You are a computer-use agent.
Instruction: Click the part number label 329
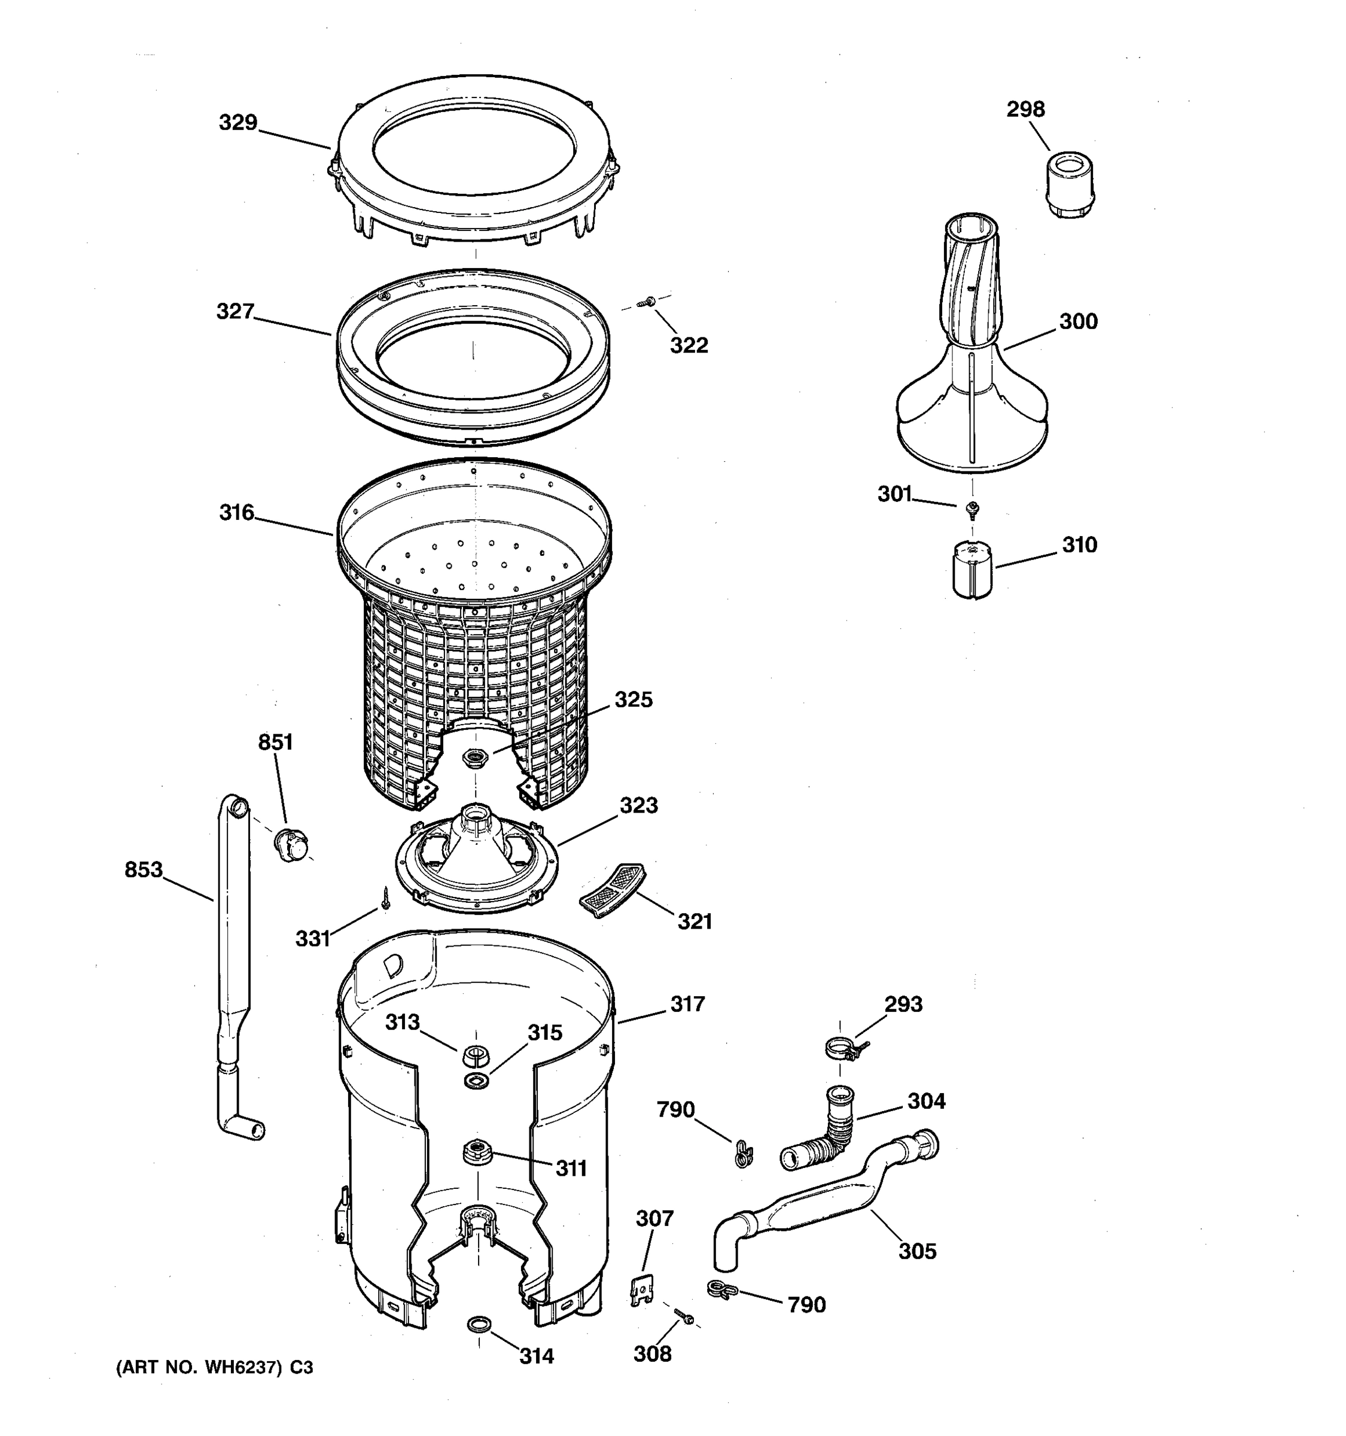(x=237, y=122)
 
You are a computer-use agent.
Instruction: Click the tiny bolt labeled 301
(x=973, y=509)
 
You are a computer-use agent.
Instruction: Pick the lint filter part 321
(x=613, y=890)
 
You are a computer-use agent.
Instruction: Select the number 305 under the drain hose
(x=916, y=1251)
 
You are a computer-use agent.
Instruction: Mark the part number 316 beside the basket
(x=237, y=513)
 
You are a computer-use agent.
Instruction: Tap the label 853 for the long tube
(x=143, y=870)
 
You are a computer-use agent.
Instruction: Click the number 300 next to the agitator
(x=1077, y=321)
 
